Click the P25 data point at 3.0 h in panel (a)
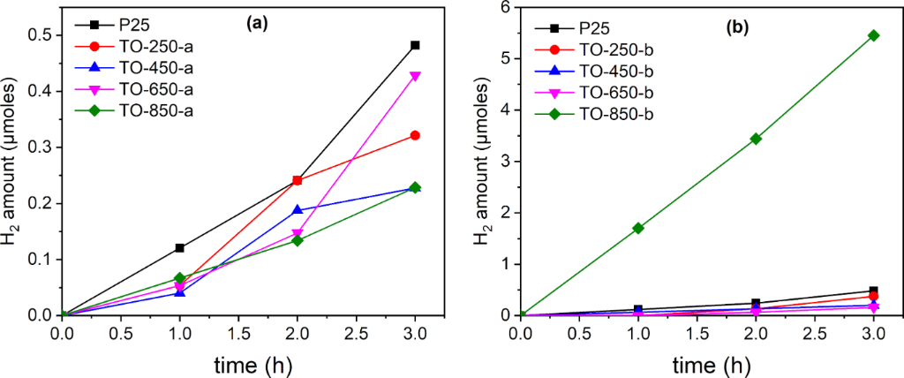coord(415,45)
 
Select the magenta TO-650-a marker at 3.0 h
coord(415,76)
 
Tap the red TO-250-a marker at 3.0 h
coord(415,135)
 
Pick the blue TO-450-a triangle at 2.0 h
coord(298,209)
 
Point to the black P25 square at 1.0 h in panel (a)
coord(180,248)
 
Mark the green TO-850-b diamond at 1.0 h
coord(639,228)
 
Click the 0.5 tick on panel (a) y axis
coord(42,34)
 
